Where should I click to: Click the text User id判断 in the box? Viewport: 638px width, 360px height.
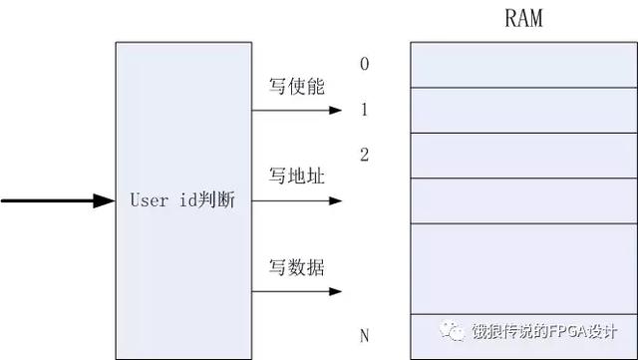(182, 200)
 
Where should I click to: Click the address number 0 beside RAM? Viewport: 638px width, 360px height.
(365, 65)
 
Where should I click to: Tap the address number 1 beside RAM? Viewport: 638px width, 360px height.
(365, 110)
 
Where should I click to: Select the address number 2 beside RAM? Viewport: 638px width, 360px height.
(365, 155)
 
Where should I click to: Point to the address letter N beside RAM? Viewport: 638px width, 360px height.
(365, 336)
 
